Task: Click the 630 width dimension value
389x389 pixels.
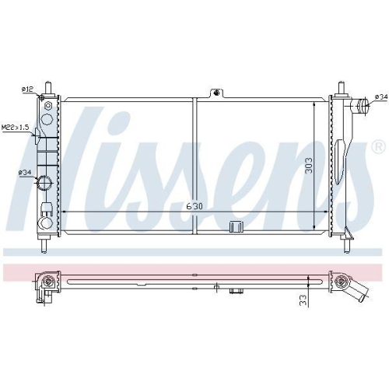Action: coord(194,206)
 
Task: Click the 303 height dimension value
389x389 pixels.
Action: coord(309,166)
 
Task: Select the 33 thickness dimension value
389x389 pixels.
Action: coord(303,300)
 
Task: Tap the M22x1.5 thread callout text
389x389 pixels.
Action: coord(15,128)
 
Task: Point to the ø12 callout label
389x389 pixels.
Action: coord(27,89)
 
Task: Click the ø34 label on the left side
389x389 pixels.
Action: coord(25,172)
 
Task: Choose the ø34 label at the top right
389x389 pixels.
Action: coord(381,96)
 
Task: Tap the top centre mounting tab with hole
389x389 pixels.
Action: coord(216,93)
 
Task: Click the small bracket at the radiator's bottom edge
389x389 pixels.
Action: coord(236,226)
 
